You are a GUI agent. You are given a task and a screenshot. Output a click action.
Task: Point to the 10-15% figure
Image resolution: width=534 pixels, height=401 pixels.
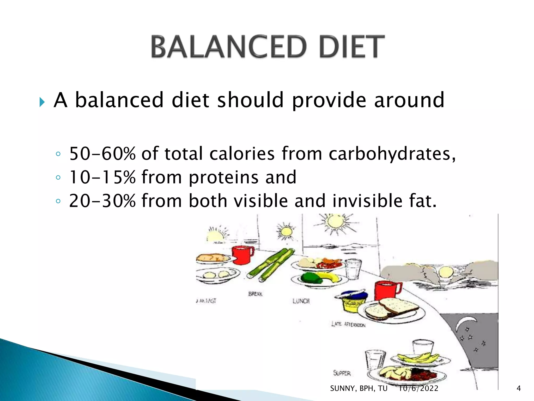(x=102, y=177)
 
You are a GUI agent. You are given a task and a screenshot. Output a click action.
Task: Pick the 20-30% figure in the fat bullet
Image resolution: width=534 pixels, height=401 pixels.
(x=102, y=201)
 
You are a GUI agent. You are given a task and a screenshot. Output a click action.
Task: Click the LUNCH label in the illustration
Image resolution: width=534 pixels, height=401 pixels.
(x=301, y=301)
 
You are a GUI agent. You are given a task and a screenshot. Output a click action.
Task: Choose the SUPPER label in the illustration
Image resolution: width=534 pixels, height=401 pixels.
(x=342, y=373)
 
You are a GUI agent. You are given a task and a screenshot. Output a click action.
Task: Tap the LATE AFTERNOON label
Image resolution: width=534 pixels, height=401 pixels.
(x=348, y=325)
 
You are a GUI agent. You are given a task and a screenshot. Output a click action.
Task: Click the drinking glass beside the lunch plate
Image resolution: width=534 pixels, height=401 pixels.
(x=353, y=269)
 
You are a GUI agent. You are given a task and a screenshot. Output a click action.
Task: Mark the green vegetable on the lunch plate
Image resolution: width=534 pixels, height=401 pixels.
(x=311, y=278)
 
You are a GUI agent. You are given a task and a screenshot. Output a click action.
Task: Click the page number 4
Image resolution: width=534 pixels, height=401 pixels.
(x=519, y=388)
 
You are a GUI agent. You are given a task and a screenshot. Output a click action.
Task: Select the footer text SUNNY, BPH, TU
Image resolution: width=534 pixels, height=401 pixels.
(x=359, y=388)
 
